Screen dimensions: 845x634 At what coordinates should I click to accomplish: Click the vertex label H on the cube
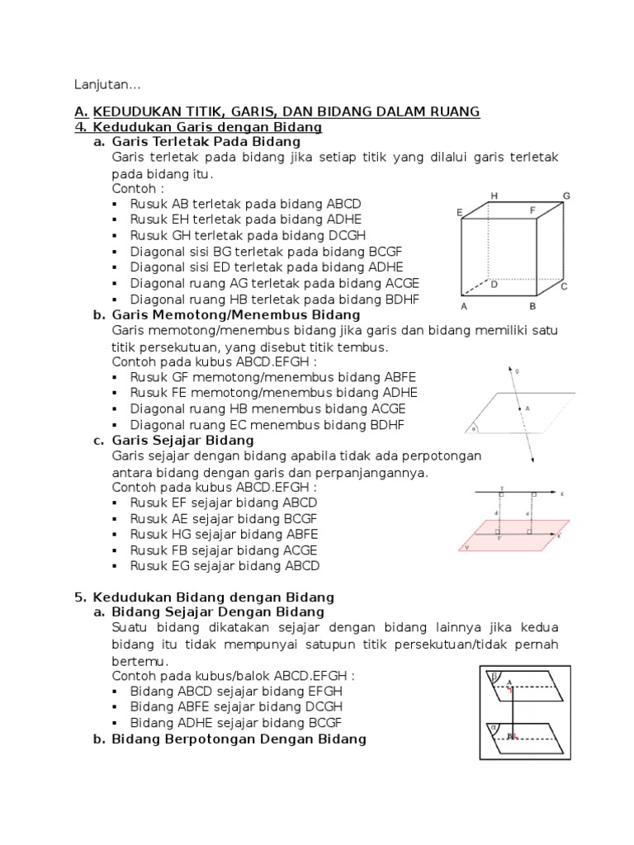[x=494, y=196]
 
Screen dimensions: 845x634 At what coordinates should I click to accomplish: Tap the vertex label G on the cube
[x=566, y=196]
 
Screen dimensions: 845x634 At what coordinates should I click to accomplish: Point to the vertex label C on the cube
[x=564, y=287]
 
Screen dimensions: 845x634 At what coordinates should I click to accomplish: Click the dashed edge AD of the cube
[x=475, y=290]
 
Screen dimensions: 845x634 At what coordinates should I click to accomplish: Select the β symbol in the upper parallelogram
[x=495, y=675]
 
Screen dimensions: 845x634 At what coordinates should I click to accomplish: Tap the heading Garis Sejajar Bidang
[x=184, y=441]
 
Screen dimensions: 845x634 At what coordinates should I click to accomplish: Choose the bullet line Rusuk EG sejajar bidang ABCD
[x=224, y=566]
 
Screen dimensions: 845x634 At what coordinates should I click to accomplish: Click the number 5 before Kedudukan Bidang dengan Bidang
[x=78, y=597]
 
